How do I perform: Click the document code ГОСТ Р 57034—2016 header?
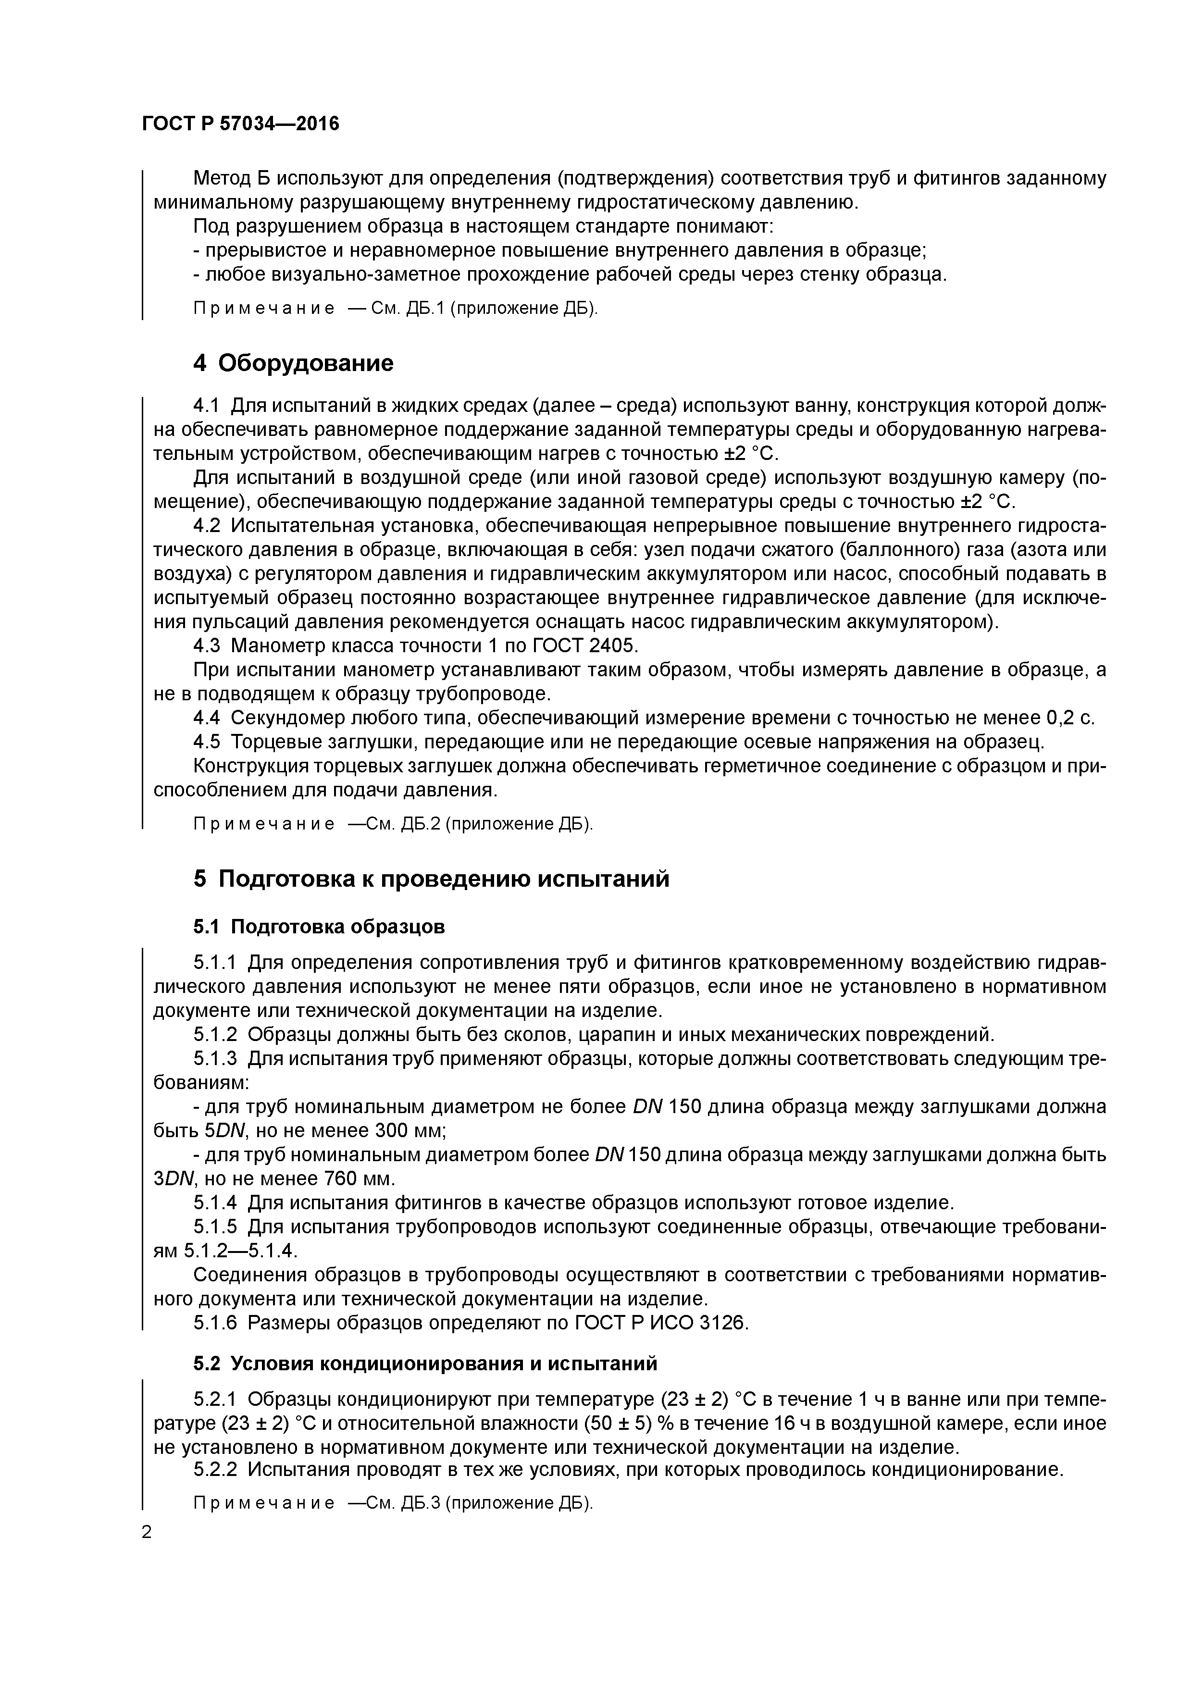(x=240, y=124)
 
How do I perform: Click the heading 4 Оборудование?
(x=293, y=363)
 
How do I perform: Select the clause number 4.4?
(x=206, y=718)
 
